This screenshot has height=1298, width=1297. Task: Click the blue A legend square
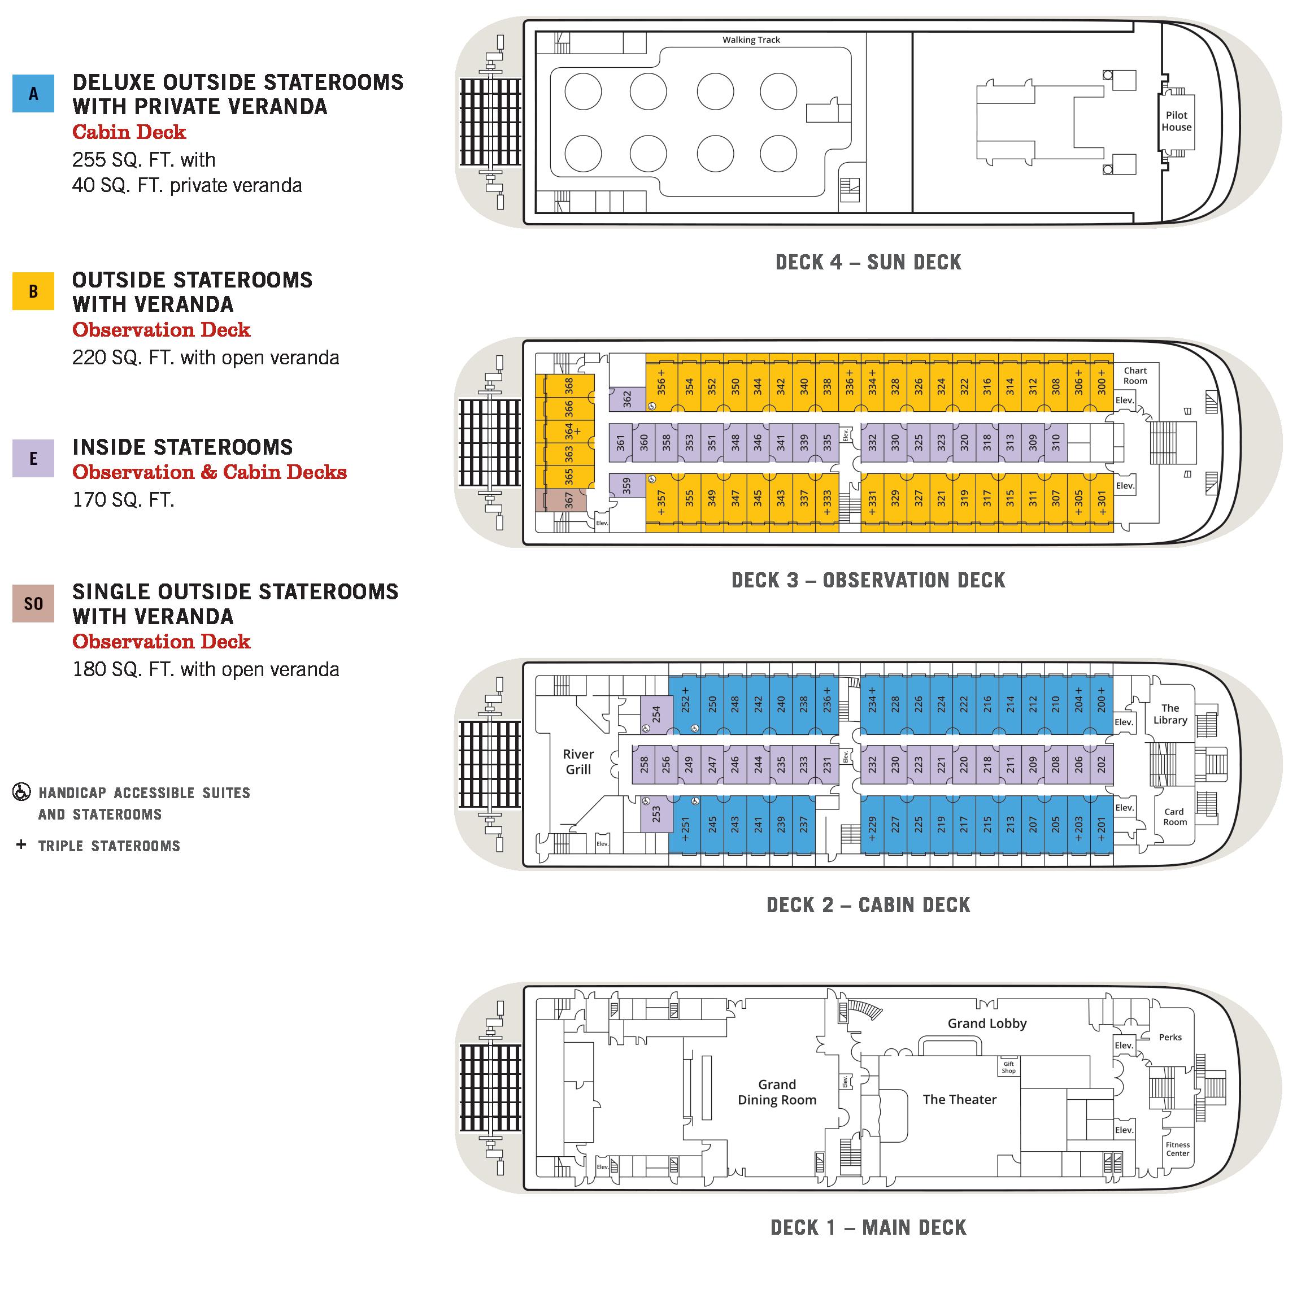[33, 93]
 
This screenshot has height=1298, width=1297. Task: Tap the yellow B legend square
[33, 291]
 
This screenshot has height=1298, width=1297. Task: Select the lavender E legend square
[33, 458]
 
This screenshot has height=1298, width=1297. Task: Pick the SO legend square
[33, 603]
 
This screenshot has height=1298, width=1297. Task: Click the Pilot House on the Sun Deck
[1176, 121]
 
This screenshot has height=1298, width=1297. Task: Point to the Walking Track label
[751, 40]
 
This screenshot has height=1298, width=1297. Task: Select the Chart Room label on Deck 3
[1135, 376]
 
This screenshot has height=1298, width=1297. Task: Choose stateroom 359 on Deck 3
[627, 485]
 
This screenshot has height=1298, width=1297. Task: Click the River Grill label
[578, 762]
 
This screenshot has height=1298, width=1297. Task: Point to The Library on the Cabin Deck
[1170, 713]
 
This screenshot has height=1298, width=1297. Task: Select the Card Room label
[1174, 817]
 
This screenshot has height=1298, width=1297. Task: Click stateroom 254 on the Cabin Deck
[656, 714]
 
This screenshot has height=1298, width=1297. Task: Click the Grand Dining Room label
[777, 1092]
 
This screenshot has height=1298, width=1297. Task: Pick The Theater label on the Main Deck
[959, 1099]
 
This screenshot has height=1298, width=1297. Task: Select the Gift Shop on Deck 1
[1009, 1067]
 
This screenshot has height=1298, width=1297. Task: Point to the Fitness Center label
[1177, 1149]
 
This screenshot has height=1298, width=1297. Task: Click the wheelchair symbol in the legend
[21, 792]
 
